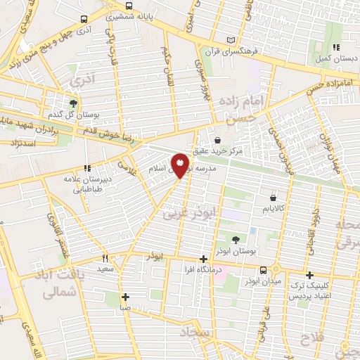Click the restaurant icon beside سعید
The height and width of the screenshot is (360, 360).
click(x=105, y=258)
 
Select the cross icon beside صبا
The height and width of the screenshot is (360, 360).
click(x=125, y=297)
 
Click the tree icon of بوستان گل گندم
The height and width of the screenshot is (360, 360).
click(x=73, y=103)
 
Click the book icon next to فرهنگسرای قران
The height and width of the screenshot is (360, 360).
click(x=231, y=41)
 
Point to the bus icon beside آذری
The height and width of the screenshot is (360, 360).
click(x=84, y=20)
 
